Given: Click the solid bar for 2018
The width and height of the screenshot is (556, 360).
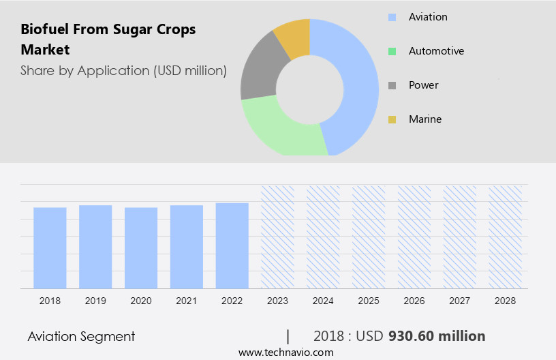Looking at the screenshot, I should coord(50,247).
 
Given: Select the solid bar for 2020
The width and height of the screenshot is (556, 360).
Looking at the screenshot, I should coord(141,247).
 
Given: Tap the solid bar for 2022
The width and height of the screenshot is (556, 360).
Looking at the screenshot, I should coord(232,245).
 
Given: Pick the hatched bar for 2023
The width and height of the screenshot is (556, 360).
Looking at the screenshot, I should coord(277,237).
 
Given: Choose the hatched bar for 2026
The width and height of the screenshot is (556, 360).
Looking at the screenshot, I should coord(414,237).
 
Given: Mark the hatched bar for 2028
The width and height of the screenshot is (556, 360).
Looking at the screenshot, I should coord(505,237).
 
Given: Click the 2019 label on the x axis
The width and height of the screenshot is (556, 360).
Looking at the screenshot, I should coord(95,300).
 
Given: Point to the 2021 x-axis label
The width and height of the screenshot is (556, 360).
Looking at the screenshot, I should coord(186,300).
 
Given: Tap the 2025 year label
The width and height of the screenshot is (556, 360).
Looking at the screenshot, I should coord(369,300).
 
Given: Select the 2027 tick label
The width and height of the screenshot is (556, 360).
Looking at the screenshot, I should coord(460,300).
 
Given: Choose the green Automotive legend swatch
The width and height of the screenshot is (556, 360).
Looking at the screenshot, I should coord(392,51).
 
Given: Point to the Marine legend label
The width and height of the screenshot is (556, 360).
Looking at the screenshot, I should coord(425,119).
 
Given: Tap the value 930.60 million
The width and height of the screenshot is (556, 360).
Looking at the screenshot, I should coord(437,336).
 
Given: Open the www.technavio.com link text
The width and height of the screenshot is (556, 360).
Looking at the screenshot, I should coord(286,352).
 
